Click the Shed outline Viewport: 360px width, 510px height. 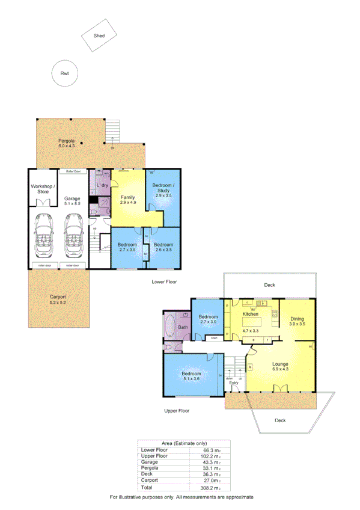(99, 35)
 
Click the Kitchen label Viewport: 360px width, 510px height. (250, 314)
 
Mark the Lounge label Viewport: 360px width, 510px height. (280, 364)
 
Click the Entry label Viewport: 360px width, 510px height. (234, 382)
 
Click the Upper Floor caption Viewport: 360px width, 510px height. (177, 411)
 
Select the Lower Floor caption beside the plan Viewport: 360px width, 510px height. (164, 281)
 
